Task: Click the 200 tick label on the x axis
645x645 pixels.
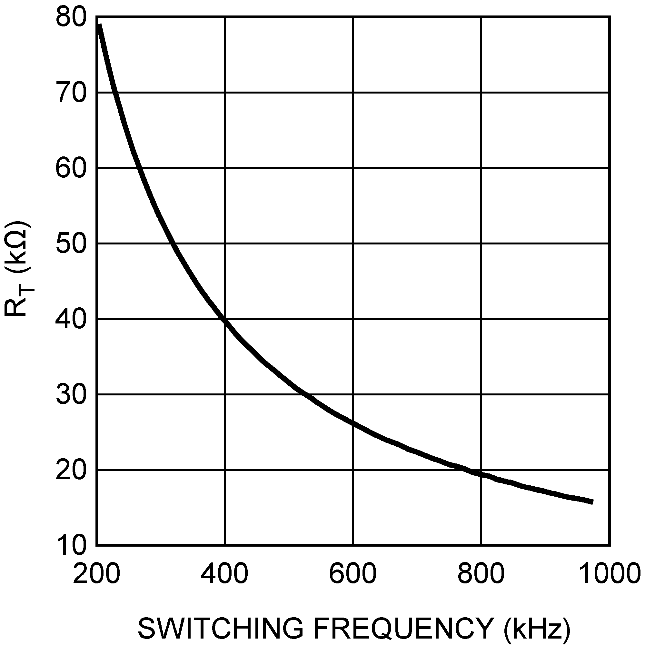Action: (x=96, y=573)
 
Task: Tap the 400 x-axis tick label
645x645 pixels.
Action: (x=224, y=573)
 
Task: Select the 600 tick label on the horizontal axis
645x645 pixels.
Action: (x=353, y=573)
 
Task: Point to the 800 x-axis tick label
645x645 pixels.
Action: (x=481, y=573)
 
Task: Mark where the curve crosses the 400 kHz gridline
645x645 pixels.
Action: (x=225, y=321)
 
